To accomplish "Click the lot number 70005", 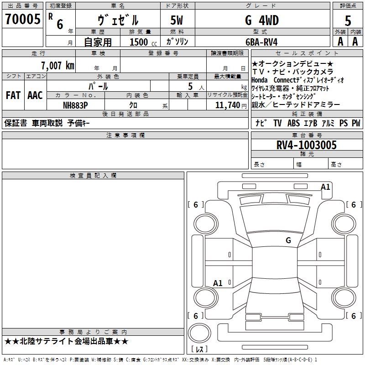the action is [x=22, y=19].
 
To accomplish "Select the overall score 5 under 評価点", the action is [x=348, y=21].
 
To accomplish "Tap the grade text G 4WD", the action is [x=262, y=20].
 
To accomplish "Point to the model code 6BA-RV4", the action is [x=261, y=42].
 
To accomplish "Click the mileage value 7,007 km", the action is [x=57, y=65].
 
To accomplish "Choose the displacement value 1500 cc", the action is [x=143, y=42].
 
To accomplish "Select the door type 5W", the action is [x=177, y=20].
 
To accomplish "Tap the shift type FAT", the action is [x=13, y=95].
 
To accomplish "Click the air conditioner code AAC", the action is [x=35, y=95].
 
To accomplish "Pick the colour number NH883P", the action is [x=75, y=105].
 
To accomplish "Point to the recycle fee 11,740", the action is [x=228, y=105].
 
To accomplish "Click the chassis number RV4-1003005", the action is [x=306, y=145].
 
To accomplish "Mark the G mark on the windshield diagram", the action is [x=288, y=240].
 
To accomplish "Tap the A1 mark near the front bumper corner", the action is [x=325, y=187].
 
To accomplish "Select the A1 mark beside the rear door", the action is [x=218, y=283].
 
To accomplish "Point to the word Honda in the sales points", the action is [x=259, y=80].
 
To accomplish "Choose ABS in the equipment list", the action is [x=293, y=123].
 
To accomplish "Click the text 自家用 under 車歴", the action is [x=98, y=42].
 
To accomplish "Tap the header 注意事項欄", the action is [x=125, y=136].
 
